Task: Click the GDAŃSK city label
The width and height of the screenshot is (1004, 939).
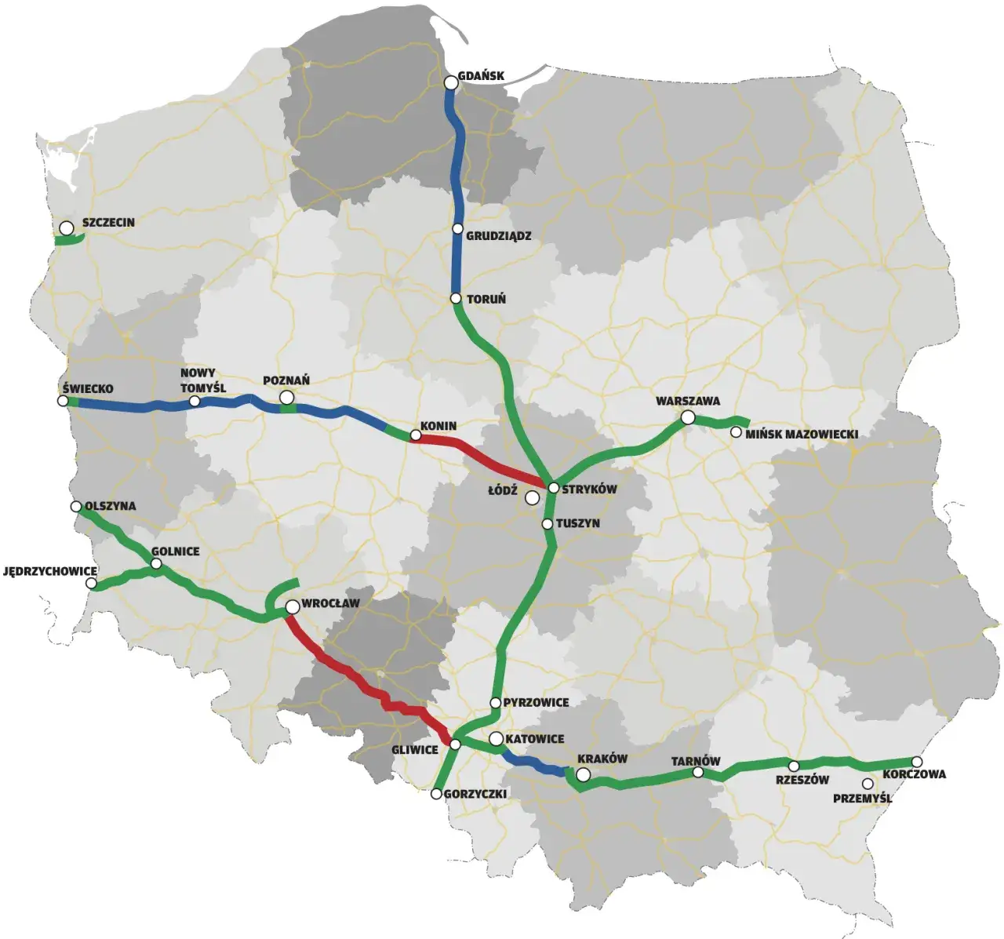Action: [x=481, y=76]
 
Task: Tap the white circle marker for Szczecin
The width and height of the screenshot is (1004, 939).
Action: [x=67, y=228]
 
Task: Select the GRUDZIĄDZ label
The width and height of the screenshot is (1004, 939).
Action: [x=498, y=235]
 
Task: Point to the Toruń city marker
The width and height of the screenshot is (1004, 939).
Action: [x=456, y=299]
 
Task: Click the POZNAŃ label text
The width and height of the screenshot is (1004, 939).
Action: [x=286, y=380]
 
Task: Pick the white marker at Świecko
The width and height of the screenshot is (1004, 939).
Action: [x=63, y=401]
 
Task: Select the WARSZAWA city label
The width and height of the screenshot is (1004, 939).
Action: [x=688, y=402]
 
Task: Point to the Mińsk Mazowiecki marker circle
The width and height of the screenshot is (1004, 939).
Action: [x=736, y=432]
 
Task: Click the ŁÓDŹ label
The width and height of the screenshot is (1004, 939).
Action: [x=503, y=490]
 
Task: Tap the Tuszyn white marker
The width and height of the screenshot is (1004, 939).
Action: [x=547, y=523]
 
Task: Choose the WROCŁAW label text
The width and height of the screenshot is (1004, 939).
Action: [x=330, y=603]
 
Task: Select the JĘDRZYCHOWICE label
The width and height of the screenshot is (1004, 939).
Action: [x=50, y=571]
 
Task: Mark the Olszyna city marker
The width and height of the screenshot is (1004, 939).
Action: [x=76, y=507]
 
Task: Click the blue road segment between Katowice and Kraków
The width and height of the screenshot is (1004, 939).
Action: [x=533, y=763]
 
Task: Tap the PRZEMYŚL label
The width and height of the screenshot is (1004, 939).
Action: [x=862, y=799]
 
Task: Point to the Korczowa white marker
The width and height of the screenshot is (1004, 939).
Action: [x=916, y=762]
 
